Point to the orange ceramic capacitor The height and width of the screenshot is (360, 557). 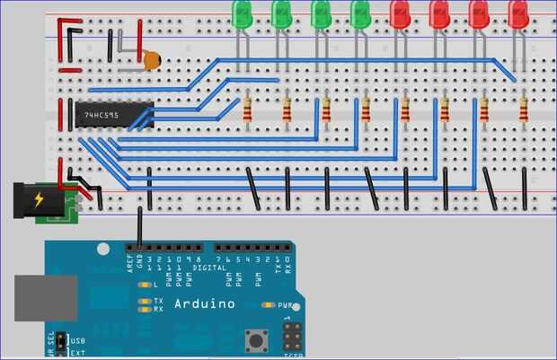(x=152, y=61)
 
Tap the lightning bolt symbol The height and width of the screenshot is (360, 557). (x=40, y=200)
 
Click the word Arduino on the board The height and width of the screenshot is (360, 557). (x=205, y=303)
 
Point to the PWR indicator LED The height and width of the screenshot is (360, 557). (x=266, y=305)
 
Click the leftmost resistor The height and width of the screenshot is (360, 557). (x=247, y=108)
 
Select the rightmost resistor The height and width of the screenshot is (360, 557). (x=524, y=109)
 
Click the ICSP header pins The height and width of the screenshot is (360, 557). (x=292, y=338)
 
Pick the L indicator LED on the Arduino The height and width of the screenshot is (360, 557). (x=145, y=285)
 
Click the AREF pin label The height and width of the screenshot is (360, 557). (x=129, y=262)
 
